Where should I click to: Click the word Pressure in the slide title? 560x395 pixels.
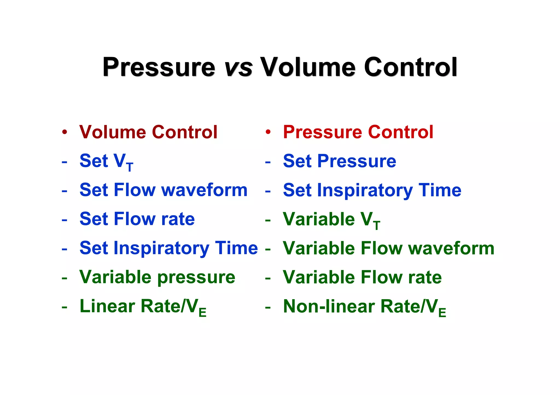click(159, 67)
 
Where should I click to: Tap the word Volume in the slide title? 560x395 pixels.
click(308, 67)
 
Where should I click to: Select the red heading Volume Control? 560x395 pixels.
click(148, 132)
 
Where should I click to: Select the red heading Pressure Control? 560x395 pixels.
click(358, 132)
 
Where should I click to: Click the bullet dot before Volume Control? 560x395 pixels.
click(65, 132)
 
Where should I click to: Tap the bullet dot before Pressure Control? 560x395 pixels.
click(268, 132)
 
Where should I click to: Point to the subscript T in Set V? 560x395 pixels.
click(130, 167)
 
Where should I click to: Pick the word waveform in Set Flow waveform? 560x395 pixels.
click(205, 190)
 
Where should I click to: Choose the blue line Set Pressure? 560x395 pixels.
click(339, 161)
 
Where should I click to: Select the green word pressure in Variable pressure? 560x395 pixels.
click(196, 277)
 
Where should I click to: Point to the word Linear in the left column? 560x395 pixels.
click(107, 306)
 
